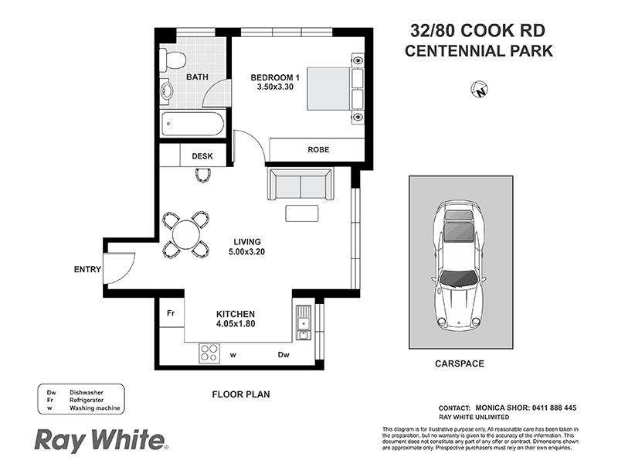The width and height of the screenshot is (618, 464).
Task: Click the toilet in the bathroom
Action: pyautogui.click(x=174, y=60)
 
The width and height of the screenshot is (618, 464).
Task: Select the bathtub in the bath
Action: pyautogui.click(x=192, y=124)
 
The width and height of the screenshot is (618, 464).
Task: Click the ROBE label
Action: pyautogui.click(x=318, y=149)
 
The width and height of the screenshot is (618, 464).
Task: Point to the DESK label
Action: pyautogui.click(x=202, y=156)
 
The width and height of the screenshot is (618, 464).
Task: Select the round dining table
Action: pyautogui.click(x=185, y=234)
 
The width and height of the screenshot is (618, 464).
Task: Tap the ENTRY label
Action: pyautogui.click(x=87, y=270)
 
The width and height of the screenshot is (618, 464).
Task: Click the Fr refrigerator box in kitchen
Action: pyautogui.click(x=171, y=314)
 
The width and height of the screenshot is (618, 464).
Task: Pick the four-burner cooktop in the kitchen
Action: pyautogui.click(x=209, y=353)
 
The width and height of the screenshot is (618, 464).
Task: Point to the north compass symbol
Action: pyautogui.click(x=480, y=90)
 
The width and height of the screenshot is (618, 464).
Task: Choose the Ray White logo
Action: pyautogui.click(x=100, y=440)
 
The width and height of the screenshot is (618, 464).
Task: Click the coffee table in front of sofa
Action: pyautogui.click(x=301, y=213)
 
